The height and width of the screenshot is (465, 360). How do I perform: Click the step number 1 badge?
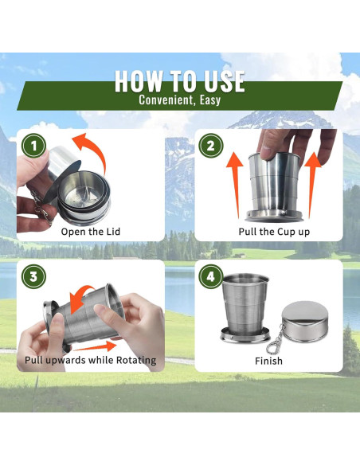[x=33, y=146]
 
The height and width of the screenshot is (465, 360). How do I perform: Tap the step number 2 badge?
[x=210, y=146]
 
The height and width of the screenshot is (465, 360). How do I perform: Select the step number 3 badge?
[x=33, y=276]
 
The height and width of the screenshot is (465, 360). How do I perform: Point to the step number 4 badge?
[x=210, y=276]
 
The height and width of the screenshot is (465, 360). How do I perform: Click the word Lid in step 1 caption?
[x=113, y=232]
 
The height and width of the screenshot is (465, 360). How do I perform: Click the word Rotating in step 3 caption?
[x=136, y=361]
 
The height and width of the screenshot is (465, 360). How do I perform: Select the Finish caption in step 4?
[x=268, y=361]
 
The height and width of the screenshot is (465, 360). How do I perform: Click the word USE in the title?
[x=225, y=81]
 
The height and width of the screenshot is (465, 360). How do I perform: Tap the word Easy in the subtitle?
[x=210, y=100]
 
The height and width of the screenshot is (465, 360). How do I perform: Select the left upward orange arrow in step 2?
[x=236, y=185]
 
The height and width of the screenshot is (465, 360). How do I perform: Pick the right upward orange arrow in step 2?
[x=312, y=185]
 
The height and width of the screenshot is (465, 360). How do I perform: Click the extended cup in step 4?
[x=245, y=307]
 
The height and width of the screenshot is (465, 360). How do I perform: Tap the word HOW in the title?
[x=139, y=81]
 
